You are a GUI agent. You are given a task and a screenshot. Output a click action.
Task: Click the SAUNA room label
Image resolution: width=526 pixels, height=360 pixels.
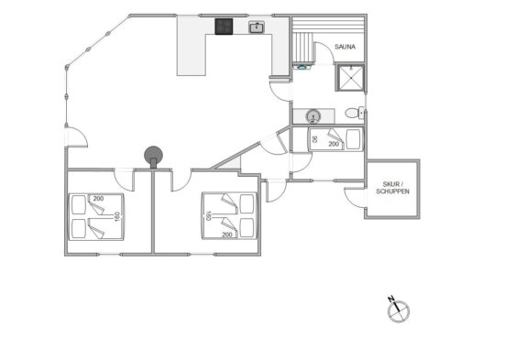(x=345, y=47)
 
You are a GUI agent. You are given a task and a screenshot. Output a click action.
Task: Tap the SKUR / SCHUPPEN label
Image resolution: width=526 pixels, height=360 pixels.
(x=392, y=188)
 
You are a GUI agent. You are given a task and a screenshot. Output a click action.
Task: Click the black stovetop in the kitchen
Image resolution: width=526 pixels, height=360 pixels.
(x=224, y=27)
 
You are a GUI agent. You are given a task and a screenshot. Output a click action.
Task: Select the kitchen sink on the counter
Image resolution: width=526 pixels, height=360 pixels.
(x=257, y=27)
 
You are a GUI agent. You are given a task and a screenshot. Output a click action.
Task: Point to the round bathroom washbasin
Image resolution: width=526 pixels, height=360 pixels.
(x=313, y=116)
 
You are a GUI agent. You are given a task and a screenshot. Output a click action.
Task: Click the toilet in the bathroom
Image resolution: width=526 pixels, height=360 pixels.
(x=355, y=113)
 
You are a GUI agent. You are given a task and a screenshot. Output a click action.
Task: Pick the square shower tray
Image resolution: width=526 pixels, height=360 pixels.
(x=351, y=78)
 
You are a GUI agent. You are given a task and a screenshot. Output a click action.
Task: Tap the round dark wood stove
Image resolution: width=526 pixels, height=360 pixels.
(x=153, y=155)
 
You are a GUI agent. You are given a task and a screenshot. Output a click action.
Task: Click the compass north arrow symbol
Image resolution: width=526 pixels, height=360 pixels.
(x=399, y=311)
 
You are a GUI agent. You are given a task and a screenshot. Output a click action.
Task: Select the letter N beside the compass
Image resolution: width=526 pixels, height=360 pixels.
(x=390, y=299)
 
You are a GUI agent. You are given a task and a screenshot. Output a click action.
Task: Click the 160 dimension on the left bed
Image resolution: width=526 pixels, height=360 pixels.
(x=117, y=216)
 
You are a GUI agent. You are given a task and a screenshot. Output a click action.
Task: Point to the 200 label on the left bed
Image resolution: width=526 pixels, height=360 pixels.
(x=98, y=199)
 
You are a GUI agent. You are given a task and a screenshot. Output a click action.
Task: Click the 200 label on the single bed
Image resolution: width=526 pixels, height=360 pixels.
(x=334, y=144)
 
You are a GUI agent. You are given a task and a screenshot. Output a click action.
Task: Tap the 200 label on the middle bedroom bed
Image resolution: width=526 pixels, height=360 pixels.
(x=227, y=235)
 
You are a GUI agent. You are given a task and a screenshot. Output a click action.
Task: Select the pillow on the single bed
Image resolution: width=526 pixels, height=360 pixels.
(x=353, y=139)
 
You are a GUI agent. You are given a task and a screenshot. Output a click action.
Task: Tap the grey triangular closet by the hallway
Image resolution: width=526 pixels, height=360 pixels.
(x=232, y=164)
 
